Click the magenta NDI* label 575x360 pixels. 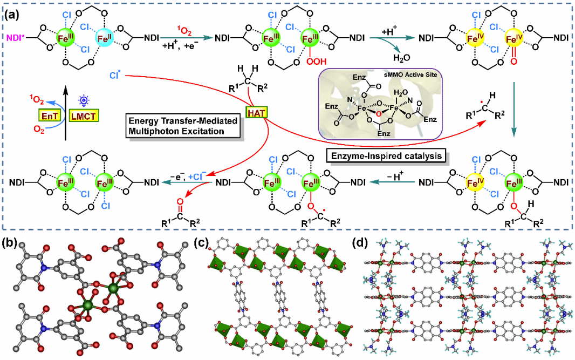(x=14, y=38)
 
